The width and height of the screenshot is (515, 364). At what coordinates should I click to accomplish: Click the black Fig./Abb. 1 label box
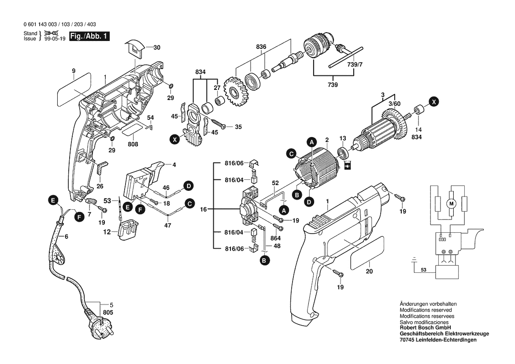89,37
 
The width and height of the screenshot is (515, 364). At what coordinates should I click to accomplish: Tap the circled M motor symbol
450,203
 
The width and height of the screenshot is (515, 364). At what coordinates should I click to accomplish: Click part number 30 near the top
157,47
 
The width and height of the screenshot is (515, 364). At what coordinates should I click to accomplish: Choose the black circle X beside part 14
434,102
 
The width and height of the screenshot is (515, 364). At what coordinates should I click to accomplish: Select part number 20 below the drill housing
369,271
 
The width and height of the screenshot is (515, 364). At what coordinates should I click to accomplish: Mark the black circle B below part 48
264,261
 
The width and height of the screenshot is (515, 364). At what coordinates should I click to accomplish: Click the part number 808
133,144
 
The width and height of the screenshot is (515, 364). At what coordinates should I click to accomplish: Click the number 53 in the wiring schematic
423,269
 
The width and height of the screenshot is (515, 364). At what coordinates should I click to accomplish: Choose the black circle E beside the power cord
53,201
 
